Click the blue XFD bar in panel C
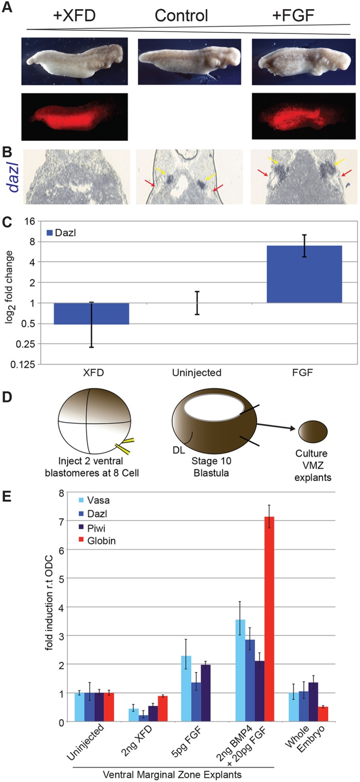coord(91,313)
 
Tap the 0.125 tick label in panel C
coord(24,365)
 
